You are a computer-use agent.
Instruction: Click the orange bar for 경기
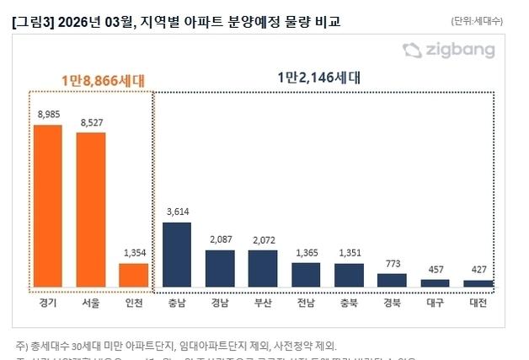[48, 206]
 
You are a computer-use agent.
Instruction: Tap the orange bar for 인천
[133, 275]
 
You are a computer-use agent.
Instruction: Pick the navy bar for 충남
[177, 255]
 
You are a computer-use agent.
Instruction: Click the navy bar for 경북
[392, 280]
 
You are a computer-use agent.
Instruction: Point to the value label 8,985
[48, 114]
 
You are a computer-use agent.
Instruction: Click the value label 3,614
[177, 212]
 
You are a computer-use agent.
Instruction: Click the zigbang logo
[447, 51]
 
